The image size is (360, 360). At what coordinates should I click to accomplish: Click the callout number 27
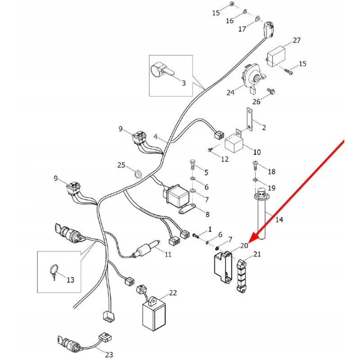[x=297, y=40]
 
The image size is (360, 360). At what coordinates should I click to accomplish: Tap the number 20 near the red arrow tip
[x=244, y=245]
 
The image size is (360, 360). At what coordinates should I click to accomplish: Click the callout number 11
[x=168, y=254]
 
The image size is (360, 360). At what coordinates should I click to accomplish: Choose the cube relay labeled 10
[x=234, y=143]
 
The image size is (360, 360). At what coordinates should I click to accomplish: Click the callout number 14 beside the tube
[x=279, y=220]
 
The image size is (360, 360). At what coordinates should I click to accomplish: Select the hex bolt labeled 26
[x=270, y=92]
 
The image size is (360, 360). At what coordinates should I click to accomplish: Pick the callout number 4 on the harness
[x=156, y=136]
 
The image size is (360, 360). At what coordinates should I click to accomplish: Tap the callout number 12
[x=225, y=159]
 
